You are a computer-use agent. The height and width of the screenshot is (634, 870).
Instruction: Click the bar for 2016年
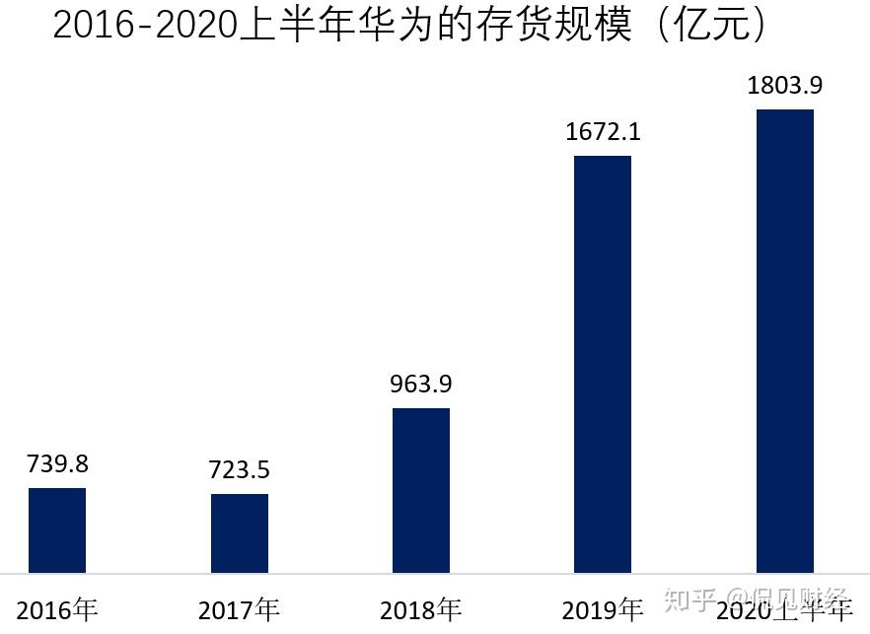[57, 529]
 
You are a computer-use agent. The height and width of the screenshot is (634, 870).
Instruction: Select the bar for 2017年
[240, 532]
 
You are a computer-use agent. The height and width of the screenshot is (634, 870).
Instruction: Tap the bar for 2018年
[421, 490]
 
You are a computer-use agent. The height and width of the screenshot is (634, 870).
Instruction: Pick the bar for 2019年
[603, 364]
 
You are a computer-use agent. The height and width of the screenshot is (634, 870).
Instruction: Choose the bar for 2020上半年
[785, 340]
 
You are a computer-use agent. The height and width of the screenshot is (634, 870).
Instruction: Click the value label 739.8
[57, 464]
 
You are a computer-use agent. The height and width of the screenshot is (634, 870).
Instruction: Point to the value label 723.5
[240, 470]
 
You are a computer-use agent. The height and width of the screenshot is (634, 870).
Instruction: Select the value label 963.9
[421, 384]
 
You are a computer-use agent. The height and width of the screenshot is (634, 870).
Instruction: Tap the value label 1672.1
[603, 131]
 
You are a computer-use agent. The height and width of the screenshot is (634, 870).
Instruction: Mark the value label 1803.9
[785, 86]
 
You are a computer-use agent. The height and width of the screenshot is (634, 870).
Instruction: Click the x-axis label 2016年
[57, 610]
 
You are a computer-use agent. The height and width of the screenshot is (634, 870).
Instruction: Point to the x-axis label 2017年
[240, 610]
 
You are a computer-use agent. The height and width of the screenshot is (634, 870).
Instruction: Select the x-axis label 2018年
[421, 610]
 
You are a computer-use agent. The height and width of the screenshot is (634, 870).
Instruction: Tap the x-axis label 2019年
[603, 610]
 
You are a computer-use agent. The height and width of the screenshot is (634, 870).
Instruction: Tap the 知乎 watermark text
[689, 599]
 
